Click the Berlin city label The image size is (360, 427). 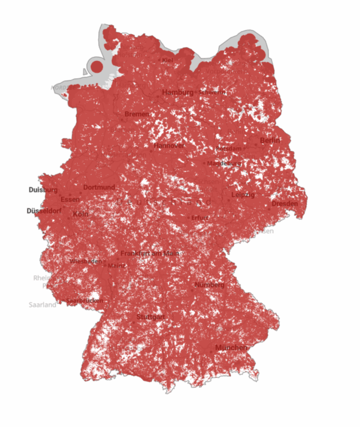[270, 140]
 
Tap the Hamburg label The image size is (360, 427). [178, 92]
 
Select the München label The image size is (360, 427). [231, 348]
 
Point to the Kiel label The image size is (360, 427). [167, 60]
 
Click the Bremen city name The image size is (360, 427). [137, 114]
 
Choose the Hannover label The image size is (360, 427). [169, 146]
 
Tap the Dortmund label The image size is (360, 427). [99, 187]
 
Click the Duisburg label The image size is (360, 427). [43, 190]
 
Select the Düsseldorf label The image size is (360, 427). [44, 211]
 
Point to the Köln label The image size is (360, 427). [81, 214]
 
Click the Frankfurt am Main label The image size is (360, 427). [149, 254]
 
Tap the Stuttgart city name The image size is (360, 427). [151, 316]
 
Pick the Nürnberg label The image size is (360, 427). [209, 285]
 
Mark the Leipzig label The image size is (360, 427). [243, 195]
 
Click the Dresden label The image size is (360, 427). [285, 204]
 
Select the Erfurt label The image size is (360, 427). [200, 218]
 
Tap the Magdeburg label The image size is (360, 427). [224, 163]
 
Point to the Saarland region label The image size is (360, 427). [42, 305]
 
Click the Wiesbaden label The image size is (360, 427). [85, 261]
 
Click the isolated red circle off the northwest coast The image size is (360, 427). [97, 67]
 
